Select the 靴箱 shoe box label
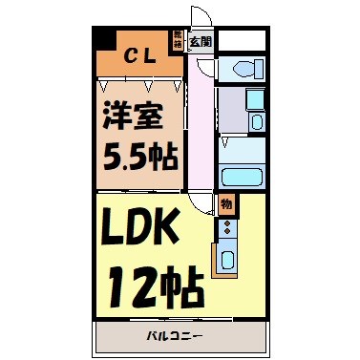(x=178, y=39)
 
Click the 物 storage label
(x=225, y=203)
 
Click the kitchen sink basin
(x=228, y=259)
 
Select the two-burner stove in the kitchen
(x=227, y=229)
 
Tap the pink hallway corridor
(x=200, y=124)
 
